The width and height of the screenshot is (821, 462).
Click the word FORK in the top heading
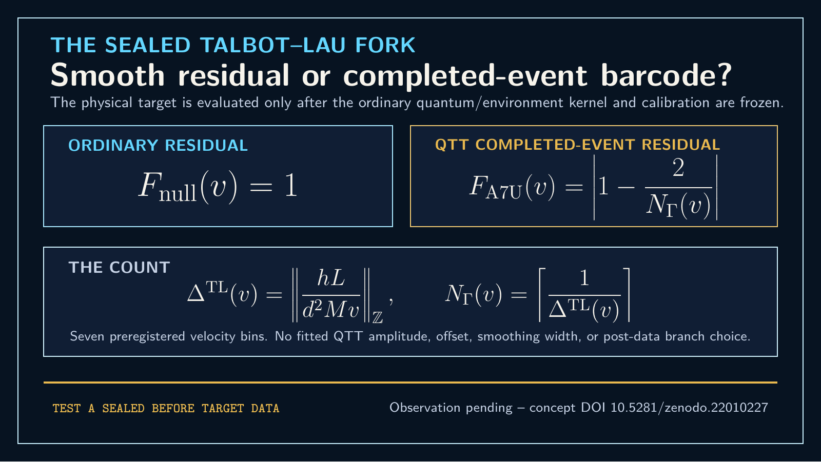pyautogui.click(x=385, y=45)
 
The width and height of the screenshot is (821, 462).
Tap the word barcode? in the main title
pyautogui.click(x=667, y=75)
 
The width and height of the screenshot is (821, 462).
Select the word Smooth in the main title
pyautogui.click(x=108, y=75)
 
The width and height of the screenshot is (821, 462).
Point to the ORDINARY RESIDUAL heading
pyautogui.click(x=158, y=146)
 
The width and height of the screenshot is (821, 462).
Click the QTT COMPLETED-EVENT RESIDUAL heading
pyautogui.click(x=577, y=145)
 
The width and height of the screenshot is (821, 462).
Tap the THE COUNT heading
pyautogui.click(x=119, y=268)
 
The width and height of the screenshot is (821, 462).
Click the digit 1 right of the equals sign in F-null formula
pyautogui.click(x=290, y=186)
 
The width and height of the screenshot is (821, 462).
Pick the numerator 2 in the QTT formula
pyautogui.click(x=678, y=168)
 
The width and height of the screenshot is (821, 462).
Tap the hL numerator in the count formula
pyautogui.click(x=331, y=278)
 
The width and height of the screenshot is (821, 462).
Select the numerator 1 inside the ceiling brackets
pyautogui.click(x=584, y=278)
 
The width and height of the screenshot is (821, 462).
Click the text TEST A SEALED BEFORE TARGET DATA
pyautogui.click(x=166, y=408)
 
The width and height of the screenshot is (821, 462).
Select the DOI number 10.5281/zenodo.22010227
pyautogui.click(x=689, y=408)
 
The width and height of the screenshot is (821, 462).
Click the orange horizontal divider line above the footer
pyautogui.click(x=411, y=383)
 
